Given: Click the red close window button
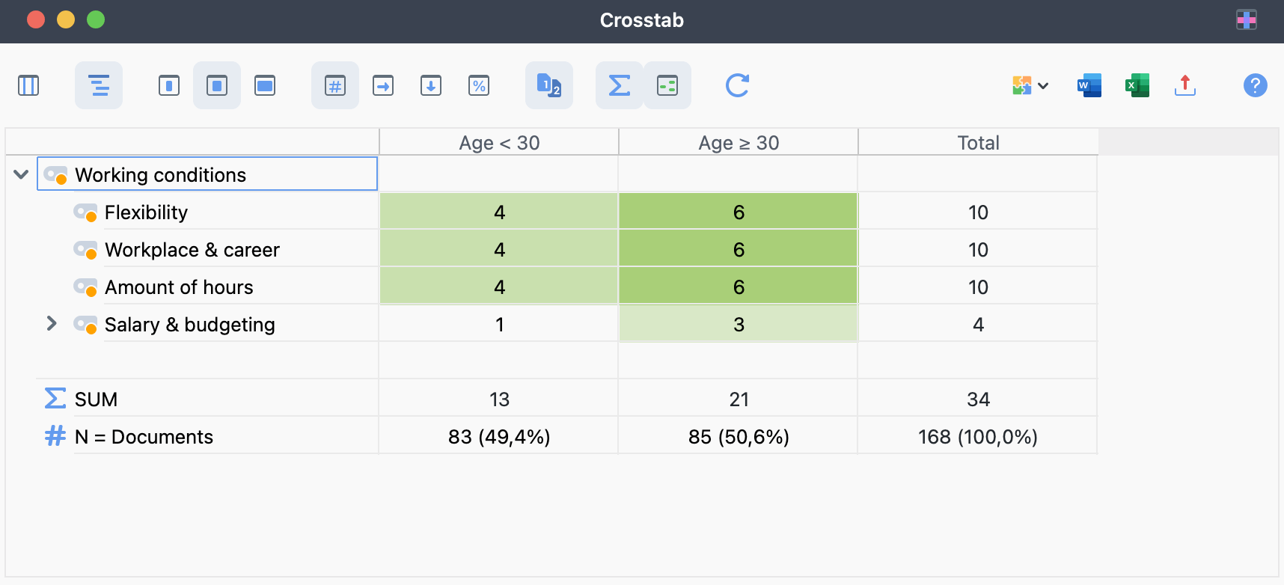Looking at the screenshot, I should pyautogui.click(x=36, y=19).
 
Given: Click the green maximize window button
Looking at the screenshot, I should pyautogui.click(x=96, y=19).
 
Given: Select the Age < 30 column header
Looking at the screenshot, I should pyautogui.click(x=499, y=142).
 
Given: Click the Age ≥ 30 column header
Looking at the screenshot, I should pyautogui.click(x=739, y=142).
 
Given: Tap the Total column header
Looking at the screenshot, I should pyautogui.click(x=978, y=142).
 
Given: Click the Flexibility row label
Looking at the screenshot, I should pyautogui.click(x=146, y=212).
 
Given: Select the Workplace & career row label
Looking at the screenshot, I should pyautogui.click(x=192, y=250).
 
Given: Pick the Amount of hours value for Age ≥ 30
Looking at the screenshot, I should pyautogui.click(x=739, y=287).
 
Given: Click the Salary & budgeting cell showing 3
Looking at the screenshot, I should pyautogui.click(x=739, y=325).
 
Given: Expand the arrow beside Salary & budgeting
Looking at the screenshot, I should pyautogui.click(x=52, y=323).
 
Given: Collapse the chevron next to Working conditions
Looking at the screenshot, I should pyautogui.click(x=21, y=174).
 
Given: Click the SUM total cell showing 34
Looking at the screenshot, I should pyautogui.click(x=978, y=399).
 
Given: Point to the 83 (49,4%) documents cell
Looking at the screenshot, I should pyautogui.click(x=499, y=437).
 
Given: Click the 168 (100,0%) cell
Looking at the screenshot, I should pyautogui.click(x=978, y=437).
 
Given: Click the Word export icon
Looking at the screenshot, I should pyautogui.click(x=1089, y=85).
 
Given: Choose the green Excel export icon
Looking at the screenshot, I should pyautogui.click(x=1137, y=85).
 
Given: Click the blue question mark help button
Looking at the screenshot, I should pyautogui.click(x=1255, y=85).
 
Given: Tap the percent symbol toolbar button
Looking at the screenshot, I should pyautogui.click(x=479, y=85).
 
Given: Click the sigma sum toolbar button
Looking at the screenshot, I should pyautogui.click(x=620, y=85).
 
